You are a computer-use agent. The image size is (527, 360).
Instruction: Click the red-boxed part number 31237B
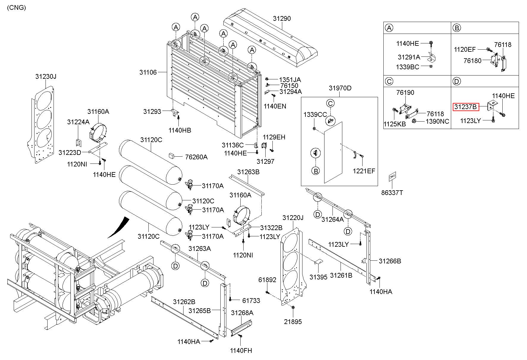(466, 107)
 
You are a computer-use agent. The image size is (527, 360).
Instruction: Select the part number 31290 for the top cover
(282, 18)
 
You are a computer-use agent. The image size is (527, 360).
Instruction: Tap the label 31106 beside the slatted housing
(148, 72)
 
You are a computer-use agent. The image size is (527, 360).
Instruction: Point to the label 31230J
(46, 76)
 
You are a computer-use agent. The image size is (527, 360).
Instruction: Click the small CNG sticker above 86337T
(392, 176)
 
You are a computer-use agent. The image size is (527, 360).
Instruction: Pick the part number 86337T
(392, 193)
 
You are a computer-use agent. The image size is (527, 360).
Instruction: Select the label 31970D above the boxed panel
(340, 88)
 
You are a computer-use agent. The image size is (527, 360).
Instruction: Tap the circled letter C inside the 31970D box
(330, 103)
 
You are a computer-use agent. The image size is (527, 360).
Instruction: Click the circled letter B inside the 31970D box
(316, 171)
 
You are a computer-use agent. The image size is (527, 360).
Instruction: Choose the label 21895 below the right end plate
(293, 322)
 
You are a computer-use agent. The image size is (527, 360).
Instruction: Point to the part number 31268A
(242, 313)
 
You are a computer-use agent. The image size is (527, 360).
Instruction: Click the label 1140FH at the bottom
(241, 351)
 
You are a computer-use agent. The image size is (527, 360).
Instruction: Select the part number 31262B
(184, 302)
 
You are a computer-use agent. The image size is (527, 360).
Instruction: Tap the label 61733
(251, 301)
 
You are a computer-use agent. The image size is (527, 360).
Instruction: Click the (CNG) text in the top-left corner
(16, 8)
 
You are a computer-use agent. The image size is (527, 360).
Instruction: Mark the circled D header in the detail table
(457, 81)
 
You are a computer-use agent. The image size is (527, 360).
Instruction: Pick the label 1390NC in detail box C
(437, 121)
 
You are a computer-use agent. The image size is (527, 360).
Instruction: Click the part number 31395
(318, 277)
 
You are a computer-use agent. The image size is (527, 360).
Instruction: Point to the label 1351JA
(290, 80)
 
